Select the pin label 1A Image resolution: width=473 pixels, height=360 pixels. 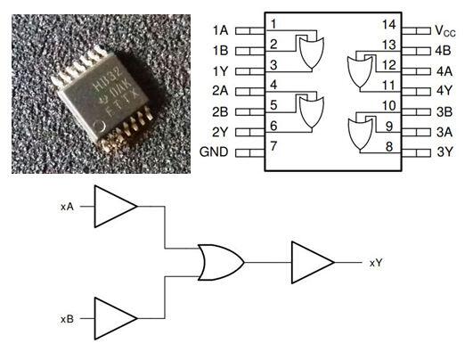[222, 30]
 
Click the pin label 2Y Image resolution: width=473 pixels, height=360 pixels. [222, 131]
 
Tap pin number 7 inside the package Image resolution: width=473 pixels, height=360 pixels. [274, 144]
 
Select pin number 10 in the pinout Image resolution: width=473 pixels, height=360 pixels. [388, 104]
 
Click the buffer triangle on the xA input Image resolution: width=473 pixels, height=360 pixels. [115, 207]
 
